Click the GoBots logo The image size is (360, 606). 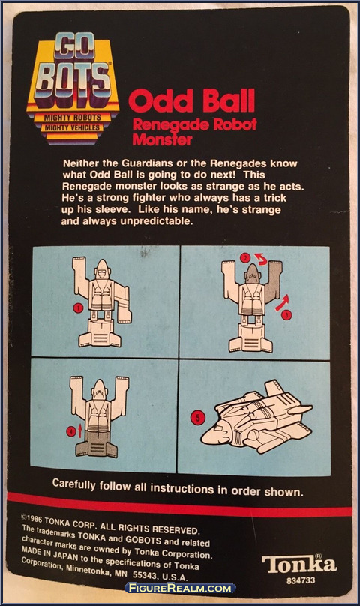click(73, 88)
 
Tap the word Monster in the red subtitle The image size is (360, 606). click(162, 139)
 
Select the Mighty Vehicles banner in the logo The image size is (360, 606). click(72, 127)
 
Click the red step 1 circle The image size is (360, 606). click(78, 307)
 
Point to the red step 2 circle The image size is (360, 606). click(245, 257)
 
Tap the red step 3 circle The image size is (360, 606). click(286, 315)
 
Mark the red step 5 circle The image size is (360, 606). click(197, 418)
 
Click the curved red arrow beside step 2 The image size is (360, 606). click(260, 259)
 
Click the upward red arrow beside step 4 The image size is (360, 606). click(80, 430)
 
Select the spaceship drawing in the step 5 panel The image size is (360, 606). click(256, 418)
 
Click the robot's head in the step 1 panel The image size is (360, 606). click(101, 269)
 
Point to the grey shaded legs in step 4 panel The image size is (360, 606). click(97, 444)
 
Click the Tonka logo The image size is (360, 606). click(299, 565)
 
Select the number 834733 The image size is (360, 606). click(301, 580)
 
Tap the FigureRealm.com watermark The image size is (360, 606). click(180, 589)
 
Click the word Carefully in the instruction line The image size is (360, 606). click(73, 484)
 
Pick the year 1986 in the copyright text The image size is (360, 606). click(34, 519)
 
